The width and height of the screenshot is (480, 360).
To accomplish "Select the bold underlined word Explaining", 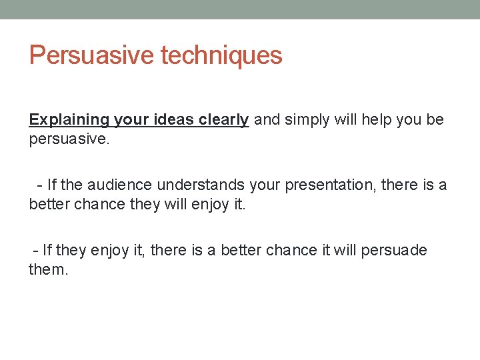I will click(x=69, y=120).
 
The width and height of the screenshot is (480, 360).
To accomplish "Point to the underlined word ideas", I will click(x=175, y=120).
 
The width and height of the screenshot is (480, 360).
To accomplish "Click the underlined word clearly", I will click(x=223, y=120).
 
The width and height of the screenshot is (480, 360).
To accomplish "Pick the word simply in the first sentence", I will click(x=308, y=120).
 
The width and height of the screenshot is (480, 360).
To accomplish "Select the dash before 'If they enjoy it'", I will click(x=36, y=251).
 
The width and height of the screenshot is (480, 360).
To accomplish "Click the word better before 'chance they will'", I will click(x=49, y=203).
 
